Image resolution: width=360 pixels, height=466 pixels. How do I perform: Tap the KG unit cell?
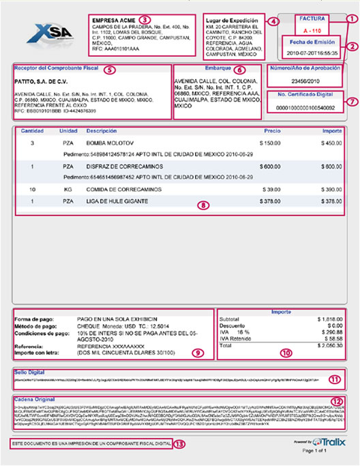coord(67,188)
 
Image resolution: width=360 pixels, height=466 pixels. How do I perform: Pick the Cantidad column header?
coord(32,130)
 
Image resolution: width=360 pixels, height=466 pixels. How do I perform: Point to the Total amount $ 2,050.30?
coord(327,347)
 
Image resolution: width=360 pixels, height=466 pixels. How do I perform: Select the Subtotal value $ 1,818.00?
coord(327,317)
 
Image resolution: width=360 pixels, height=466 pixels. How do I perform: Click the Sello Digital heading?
coord(30,372)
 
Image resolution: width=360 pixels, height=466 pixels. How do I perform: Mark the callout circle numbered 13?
coord(179,443)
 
